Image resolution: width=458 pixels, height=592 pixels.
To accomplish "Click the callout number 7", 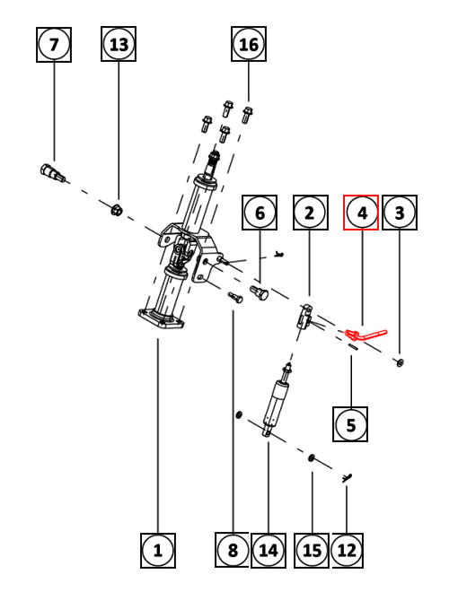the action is [54, 45].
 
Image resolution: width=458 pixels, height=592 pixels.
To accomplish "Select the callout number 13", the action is [119, 44].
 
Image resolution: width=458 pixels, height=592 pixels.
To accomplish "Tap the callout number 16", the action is [249, 44].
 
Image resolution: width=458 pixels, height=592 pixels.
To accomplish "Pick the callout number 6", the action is [260, 213].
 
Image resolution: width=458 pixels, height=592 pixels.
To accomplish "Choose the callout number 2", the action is [311, 213].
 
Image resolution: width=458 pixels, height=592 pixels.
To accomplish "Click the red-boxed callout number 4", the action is [361, 213].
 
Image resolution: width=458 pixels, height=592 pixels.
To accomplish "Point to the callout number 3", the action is [400, 213].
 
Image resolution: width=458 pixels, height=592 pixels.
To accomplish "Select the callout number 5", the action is [350, 424].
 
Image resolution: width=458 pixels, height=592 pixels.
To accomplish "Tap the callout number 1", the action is [158, 551].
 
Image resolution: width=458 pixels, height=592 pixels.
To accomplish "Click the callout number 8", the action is [232, 550].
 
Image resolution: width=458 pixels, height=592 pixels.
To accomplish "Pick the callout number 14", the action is [269, 551].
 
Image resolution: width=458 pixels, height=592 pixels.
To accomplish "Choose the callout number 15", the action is [312, 551].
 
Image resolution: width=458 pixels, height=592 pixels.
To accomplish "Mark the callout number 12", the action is [348, 551].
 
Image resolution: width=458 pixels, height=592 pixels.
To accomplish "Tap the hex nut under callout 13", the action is [117, 210].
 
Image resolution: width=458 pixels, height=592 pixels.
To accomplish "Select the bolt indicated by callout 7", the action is [52, 172].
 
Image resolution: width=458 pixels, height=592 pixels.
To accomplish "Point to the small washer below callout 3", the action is [400, 362].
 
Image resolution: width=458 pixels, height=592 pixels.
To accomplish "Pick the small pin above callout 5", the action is [353, 346].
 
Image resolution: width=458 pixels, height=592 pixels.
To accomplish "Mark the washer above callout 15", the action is [312, 458].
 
